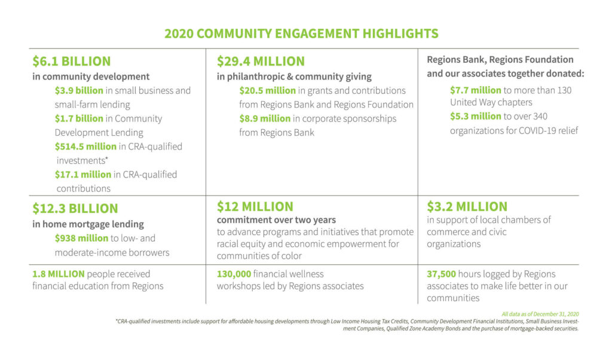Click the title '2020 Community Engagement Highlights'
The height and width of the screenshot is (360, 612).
click(301, 33)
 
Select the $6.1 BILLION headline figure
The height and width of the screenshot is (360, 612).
click(72, 62)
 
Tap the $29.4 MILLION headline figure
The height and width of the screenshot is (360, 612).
click(261, 62)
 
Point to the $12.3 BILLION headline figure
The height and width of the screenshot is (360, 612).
click(75, 209)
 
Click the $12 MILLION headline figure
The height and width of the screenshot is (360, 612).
click(255, 206)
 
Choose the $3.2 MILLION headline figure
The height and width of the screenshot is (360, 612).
click(467, 206)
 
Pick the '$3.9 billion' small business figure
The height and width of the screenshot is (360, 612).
click(79, 90)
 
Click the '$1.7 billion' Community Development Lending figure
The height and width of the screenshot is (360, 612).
click(79, 118)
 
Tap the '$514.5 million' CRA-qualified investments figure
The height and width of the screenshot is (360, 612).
click(85, 147)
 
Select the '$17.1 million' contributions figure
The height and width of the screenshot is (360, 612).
click(82, 175)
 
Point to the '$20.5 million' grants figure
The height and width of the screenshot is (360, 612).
click(267, 90)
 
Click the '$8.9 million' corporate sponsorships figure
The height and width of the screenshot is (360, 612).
click(265, 118)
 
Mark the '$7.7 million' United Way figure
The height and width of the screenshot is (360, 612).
click(475, 90)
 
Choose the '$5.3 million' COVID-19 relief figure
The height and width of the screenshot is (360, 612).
click(475, 117)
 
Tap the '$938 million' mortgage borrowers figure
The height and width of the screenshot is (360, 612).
click(81, 238)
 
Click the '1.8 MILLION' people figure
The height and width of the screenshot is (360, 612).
click(58, 274)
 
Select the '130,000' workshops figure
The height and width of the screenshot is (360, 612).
click(234, 274)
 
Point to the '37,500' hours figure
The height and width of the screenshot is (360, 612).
click(441, 274)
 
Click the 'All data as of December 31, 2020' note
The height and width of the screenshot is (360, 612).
click(540, 315)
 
